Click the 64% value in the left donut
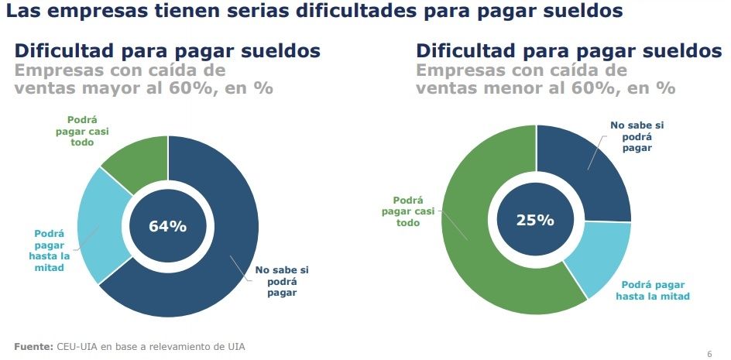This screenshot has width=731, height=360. (168, 226)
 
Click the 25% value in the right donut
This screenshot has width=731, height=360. (536, 220)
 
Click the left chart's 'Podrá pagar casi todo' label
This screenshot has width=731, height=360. (88, 132)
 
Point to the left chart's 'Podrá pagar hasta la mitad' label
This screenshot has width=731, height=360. (49, 251)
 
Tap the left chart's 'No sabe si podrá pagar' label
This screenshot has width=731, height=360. (282, 281)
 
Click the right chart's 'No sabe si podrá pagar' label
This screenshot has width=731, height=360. (637, 136)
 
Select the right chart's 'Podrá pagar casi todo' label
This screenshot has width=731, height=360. (407, 211)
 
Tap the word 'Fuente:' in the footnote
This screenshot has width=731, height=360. (33, 345)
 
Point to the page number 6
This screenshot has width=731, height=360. (709, 354)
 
